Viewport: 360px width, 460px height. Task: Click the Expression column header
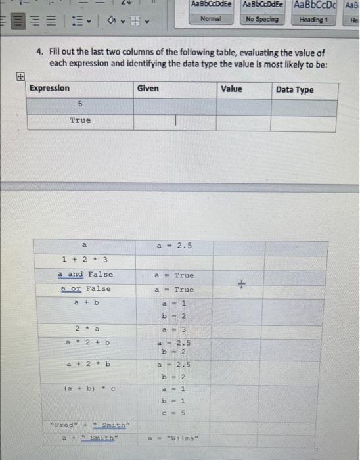click(50, 89)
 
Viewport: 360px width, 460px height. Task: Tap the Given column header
click(148, 89)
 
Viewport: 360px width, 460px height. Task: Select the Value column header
click(231, 89)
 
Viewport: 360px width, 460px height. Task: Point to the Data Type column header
click(295, 90)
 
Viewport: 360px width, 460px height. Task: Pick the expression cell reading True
click(80, 121)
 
